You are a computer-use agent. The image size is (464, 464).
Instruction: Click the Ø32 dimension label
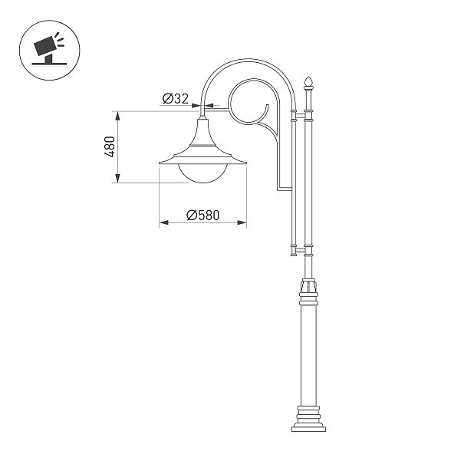pos(176,98)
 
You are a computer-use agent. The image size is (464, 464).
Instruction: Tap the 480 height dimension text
pos(110,146)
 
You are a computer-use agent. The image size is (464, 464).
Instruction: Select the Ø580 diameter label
pos(203,216)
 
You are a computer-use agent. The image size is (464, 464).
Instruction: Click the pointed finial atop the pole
pos(308,83)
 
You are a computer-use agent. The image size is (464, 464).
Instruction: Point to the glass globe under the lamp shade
pos(203,173)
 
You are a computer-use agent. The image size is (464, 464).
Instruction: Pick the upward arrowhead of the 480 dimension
pos(118,116)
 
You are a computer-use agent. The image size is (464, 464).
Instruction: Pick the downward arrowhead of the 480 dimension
pos(118,179)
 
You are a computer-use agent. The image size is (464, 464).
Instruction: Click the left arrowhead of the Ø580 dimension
pos(164,222)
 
